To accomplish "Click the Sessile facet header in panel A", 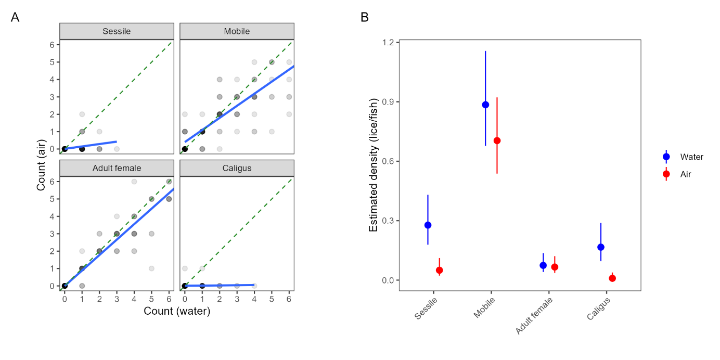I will pos(117,31).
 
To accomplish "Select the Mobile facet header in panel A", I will pos(237,31).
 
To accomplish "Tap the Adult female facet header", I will pos(117,168).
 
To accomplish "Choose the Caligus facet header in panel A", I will pos(237,168).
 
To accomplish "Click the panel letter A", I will pos(15,18).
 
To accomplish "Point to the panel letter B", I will pos(365,18).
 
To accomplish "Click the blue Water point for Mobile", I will pos(485,105).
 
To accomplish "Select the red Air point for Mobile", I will pos(497,140).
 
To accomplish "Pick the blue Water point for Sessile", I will pos(428,225).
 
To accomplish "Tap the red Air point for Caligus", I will pos(612,278).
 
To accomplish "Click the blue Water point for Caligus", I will pos(601,247).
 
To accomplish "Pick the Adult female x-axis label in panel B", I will pos(534,316).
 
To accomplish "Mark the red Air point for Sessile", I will pos(439,270).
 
